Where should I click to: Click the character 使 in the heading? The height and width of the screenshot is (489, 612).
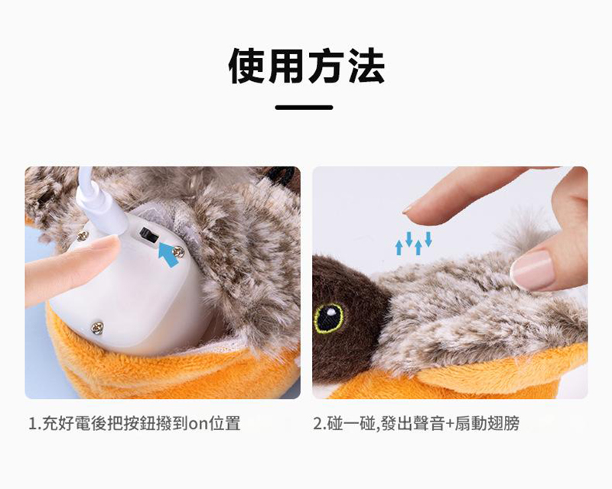248,66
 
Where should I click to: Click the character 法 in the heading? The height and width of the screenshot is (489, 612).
366,66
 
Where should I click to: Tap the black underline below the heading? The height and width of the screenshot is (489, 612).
304,107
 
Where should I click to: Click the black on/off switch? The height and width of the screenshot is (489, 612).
148,235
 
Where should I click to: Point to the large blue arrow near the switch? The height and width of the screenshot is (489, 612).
169,254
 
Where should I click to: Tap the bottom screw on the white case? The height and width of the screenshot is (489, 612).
97,328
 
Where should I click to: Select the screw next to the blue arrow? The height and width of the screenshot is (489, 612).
179,252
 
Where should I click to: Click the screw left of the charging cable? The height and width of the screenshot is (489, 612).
83,235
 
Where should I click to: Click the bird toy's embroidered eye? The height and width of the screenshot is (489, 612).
329,318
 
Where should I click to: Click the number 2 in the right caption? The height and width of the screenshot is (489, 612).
317,424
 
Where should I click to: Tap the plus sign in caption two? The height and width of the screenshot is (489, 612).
449,424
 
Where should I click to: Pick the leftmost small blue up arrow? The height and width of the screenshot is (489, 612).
399,248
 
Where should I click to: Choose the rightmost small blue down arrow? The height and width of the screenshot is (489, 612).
428,239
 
